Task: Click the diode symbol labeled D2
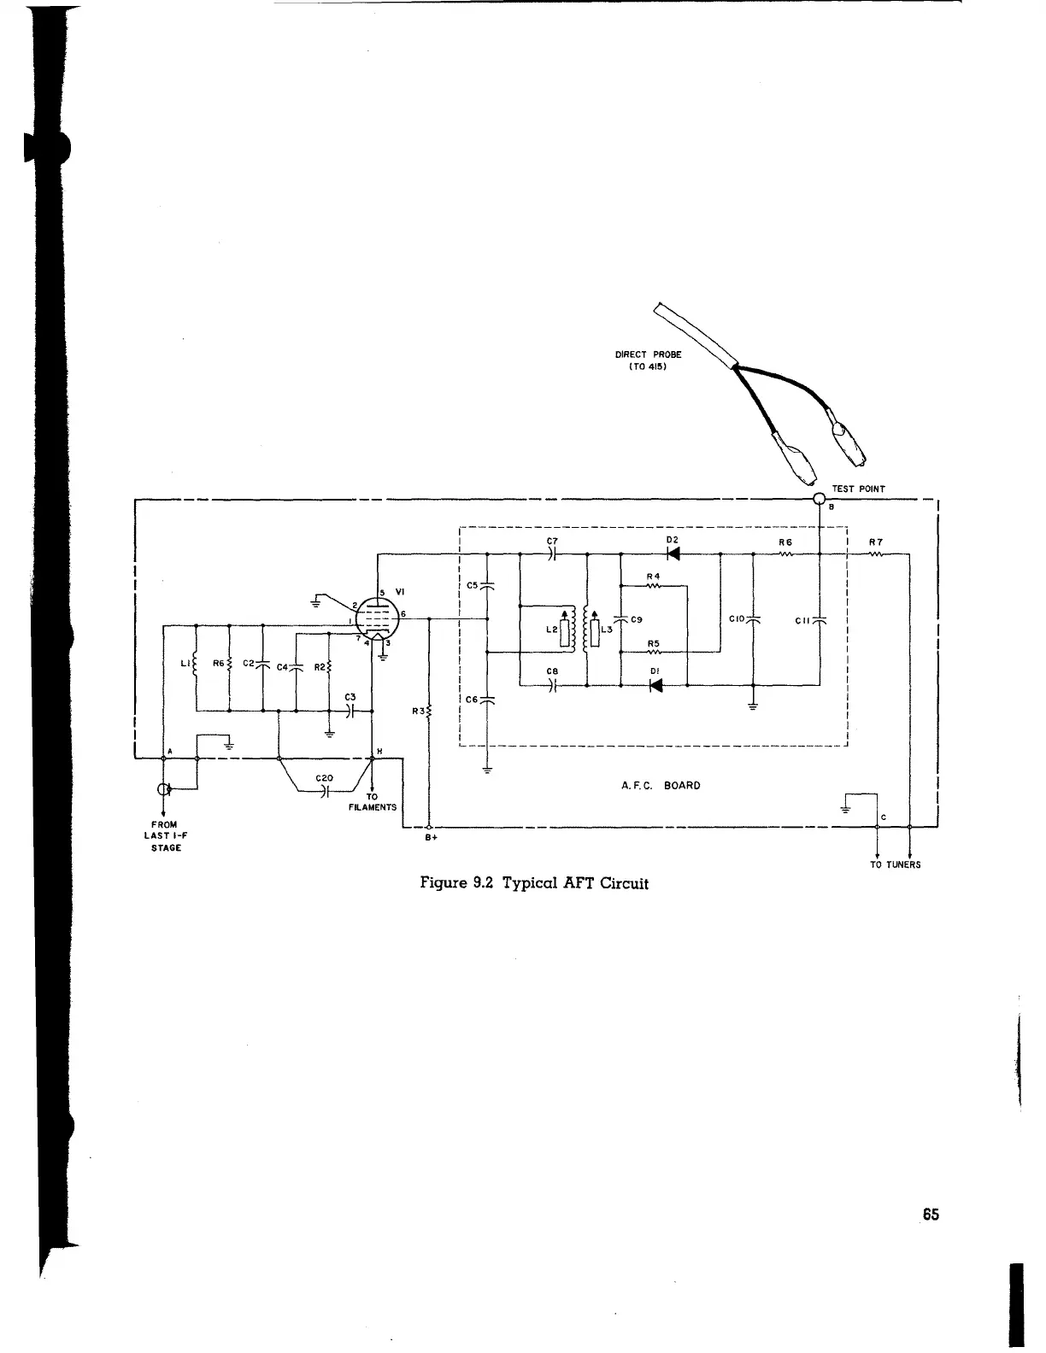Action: click(x=673, y=554)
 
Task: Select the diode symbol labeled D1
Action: click(x=656, y=685)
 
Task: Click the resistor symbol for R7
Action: click(x=877, y=554)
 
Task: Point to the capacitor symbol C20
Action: click(x=324, y=792)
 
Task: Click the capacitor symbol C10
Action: click(x=753, y=620)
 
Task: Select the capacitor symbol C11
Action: click(x=820, y=620)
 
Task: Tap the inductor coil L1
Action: click(x=197, y=665)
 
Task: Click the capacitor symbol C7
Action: click(x=553, y=554)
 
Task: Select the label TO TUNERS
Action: click(x=895, y=864)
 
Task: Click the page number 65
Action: click(x=931, y=1215)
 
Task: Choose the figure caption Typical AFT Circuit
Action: click(x=534, y=883)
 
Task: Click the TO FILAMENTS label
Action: click(x=372, y=802)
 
